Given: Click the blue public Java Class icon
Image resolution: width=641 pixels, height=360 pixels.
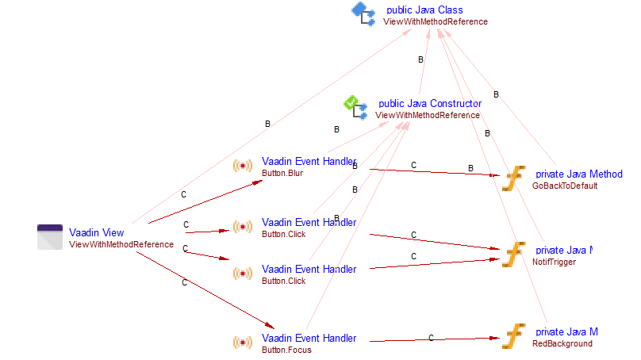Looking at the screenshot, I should pyautogui.click(x=363, y=13).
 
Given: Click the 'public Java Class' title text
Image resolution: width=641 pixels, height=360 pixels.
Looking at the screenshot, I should pyautogui.click(x=424, y=10).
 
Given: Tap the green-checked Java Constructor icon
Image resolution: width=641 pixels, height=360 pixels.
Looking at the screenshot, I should pyautogui.click(x=354, y=105).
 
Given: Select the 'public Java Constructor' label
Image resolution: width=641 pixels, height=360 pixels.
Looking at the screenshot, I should pyautogui.click(x=429, y=103).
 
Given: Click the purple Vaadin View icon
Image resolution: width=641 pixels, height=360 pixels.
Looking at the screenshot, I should pyautogui.click(x=50, y=237).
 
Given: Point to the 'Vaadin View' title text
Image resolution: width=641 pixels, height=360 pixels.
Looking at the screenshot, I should pyautogui.click(x=96, y=232).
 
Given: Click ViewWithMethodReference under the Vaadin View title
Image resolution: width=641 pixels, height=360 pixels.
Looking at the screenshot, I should pyautogui.click(x=121, y=244).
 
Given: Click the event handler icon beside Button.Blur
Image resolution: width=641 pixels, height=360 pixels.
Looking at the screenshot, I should pyautogui.click(x=242, y=166).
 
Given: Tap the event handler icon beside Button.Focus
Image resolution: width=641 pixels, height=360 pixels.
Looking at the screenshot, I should pyautogui.click(x=242, y=343).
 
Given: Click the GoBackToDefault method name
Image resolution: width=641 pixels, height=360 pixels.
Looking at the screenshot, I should pyautogui.click(x=564, y=186).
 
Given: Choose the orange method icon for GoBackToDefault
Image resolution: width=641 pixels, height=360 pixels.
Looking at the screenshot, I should pyautogui.click(x=514, y=178).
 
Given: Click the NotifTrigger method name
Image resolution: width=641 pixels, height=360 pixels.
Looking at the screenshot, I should pyautogui.click(x=554, y=262).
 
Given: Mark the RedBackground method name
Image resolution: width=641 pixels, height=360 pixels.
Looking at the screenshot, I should pyautogui.click(x=562, y=343).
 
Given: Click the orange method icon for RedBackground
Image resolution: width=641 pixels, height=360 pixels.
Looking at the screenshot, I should pyautogui.click(x=514, y=335).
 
